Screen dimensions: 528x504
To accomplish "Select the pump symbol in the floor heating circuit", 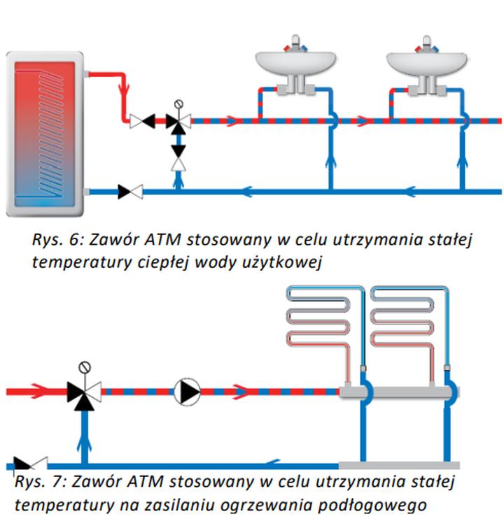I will (x=188, y=392).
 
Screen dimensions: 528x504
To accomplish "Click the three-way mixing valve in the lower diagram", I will (x=84, y=392).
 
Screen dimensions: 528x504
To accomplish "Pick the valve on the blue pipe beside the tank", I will (x=130, y=191).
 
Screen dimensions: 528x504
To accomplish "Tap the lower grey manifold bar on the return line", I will (x=399, y=465).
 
